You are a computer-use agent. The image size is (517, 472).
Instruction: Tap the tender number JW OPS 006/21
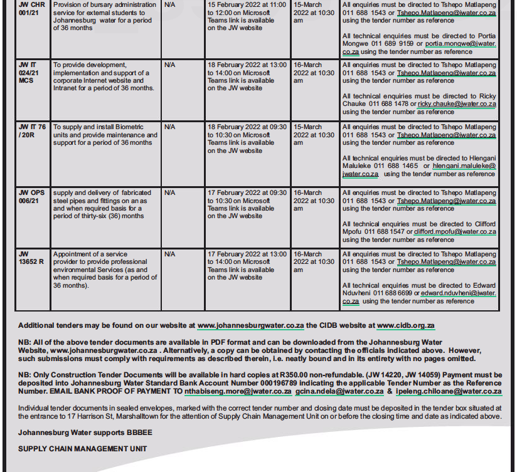32,196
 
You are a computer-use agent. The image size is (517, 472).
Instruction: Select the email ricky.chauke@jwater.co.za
457,104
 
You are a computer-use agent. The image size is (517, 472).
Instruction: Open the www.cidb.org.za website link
405,326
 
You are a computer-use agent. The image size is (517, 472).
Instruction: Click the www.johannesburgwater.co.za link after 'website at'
250,326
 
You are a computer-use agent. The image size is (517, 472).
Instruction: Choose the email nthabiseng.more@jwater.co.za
238,391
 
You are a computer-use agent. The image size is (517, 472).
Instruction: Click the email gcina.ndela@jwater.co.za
339,391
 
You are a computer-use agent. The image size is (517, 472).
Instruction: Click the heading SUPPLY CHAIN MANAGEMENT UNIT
83,449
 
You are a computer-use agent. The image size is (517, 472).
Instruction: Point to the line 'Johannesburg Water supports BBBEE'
85,433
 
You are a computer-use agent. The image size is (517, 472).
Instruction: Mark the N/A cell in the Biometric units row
170,127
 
